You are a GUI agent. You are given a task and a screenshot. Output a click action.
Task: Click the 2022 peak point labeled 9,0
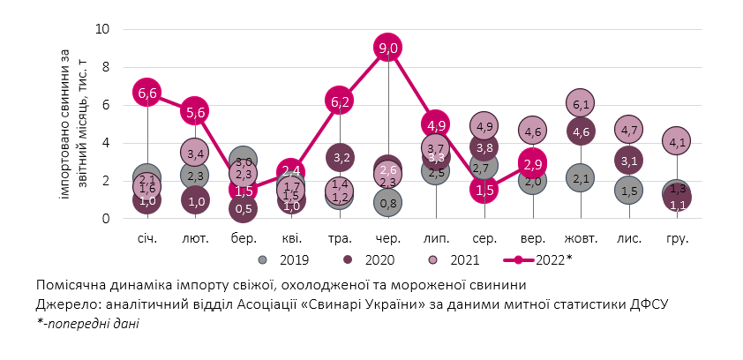click(x=388, y=48)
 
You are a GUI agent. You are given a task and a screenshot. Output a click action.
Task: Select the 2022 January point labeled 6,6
click(x=147, y=93)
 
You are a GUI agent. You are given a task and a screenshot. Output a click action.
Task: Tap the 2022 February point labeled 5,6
click(x=196, y=111)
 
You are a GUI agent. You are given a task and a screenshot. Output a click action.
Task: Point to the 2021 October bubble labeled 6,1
click(x=581, y=104)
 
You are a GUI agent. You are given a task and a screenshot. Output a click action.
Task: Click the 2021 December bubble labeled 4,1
click(x=678, y=141)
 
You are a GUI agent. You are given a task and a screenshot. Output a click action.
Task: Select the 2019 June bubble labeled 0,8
click(x=388, y=203)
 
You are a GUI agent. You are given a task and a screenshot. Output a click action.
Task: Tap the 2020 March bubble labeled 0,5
click(x=244, y=208)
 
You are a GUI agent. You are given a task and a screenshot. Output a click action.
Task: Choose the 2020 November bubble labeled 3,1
click(x=629, y=161)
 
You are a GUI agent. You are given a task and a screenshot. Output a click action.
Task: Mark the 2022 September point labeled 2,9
click(x=532, y=164)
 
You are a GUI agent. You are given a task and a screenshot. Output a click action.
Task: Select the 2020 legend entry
click(x=371, y=260)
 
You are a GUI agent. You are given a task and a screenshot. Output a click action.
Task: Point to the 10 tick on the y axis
click(x=101, y=29)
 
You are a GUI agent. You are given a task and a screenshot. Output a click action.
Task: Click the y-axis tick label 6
click(x=105, y=105)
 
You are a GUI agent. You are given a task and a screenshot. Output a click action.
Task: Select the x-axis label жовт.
click(x=581, y=238)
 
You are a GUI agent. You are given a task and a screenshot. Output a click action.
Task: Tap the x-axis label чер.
click(x=388, y=238)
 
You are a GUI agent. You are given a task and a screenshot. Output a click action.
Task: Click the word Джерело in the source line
click(x=64, y=304)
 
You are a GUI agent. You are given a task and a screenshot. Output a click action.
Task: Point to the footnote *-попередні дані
click(x=87, y=323)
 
